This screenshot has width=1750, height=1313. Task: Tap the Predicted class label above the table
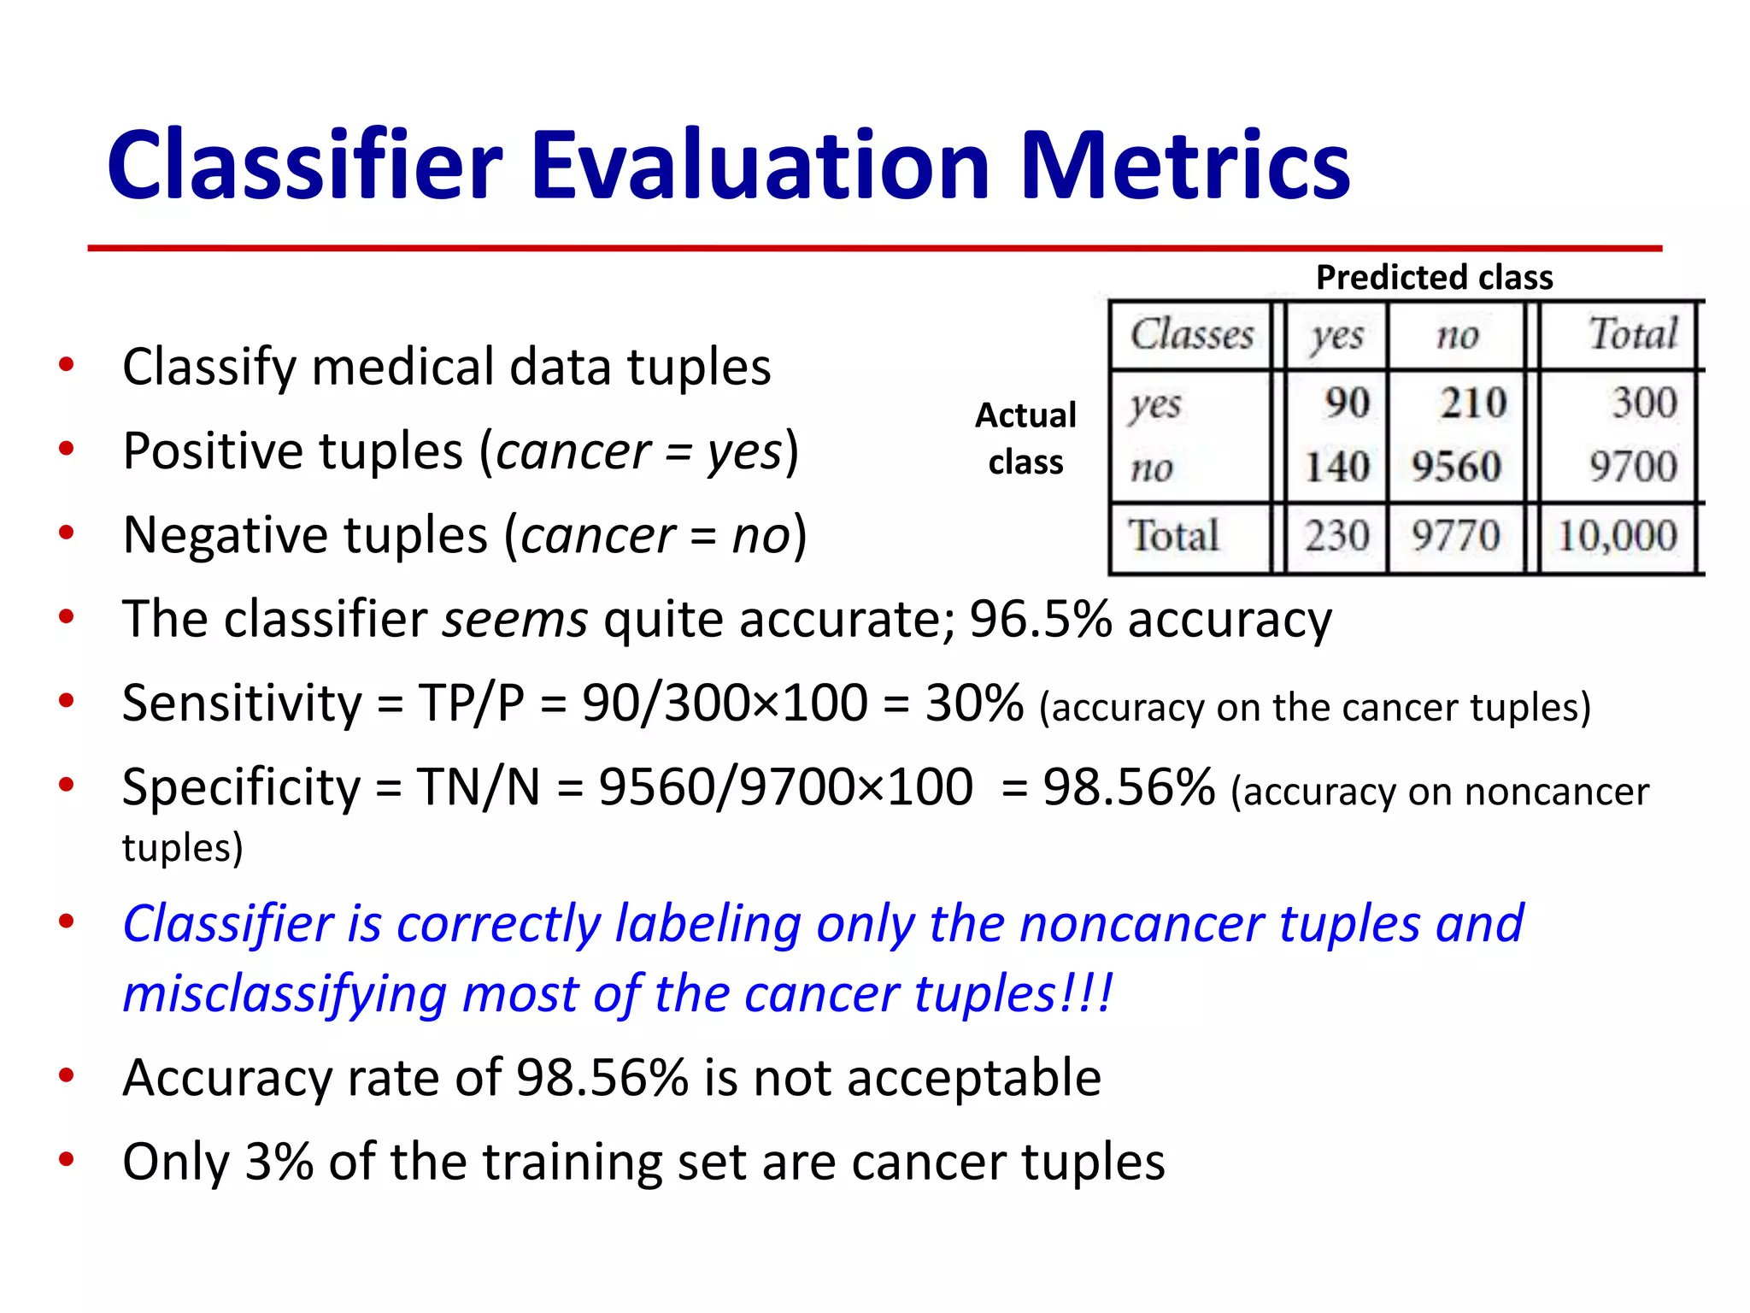point(1434,278)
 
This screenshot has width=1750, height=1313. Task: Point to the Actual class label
point(1025,439)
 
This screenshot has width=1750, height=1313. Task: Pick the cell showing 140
point(1337,468)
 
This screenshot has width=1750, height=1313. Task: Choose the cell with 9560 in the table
point(1456,468)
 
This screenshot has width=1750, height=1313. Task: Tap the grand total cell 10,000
point(1617,537)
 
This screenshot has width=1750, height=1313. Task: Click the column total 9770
point(1456,537)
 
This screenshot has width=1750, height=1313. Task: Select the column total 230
point(1337,537)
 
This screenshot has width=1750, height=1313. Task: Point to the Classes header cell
point(1192,334)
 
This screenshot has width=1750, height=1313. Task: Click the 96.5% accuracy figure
point(1040,619)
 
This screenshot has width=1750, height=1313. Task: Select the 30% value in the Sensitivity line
point(974,704)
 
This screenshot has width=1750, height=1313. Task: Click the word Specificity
point(242,787)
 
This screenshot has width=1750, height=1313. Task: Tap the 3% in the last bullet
point(279,1162)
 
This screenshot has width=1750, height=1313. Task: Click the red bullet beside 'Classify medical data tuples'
point(66,365)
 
